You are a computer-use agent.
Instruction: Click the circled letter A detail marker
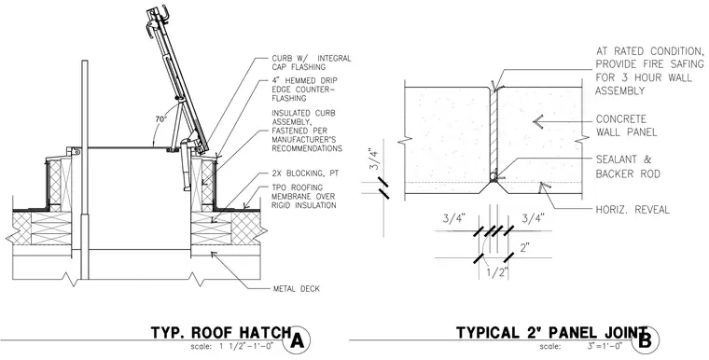click(297, 340)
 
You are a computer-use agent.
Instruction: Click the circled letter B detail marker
click(646, 340)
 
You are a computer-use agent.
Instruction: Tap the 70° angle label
click(161, 119)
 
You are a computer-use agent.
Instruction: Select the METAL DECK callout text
click(297, 288)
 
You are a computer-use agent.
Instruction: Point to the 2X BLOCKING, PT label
click(305, 173)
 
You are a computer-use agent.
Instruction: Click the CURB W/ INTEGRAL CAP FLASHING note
click(311, 62)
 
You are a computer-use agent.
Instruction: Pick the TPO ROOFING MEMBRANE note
click(304, 196)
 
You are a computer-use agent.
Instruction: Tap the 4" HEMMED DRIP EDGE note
click(304, 90)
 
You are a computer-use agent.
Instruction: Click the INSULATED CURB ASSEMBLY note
click(307, 131)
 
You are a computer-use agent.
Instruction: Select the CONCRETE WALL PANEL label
click(626, 126)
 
